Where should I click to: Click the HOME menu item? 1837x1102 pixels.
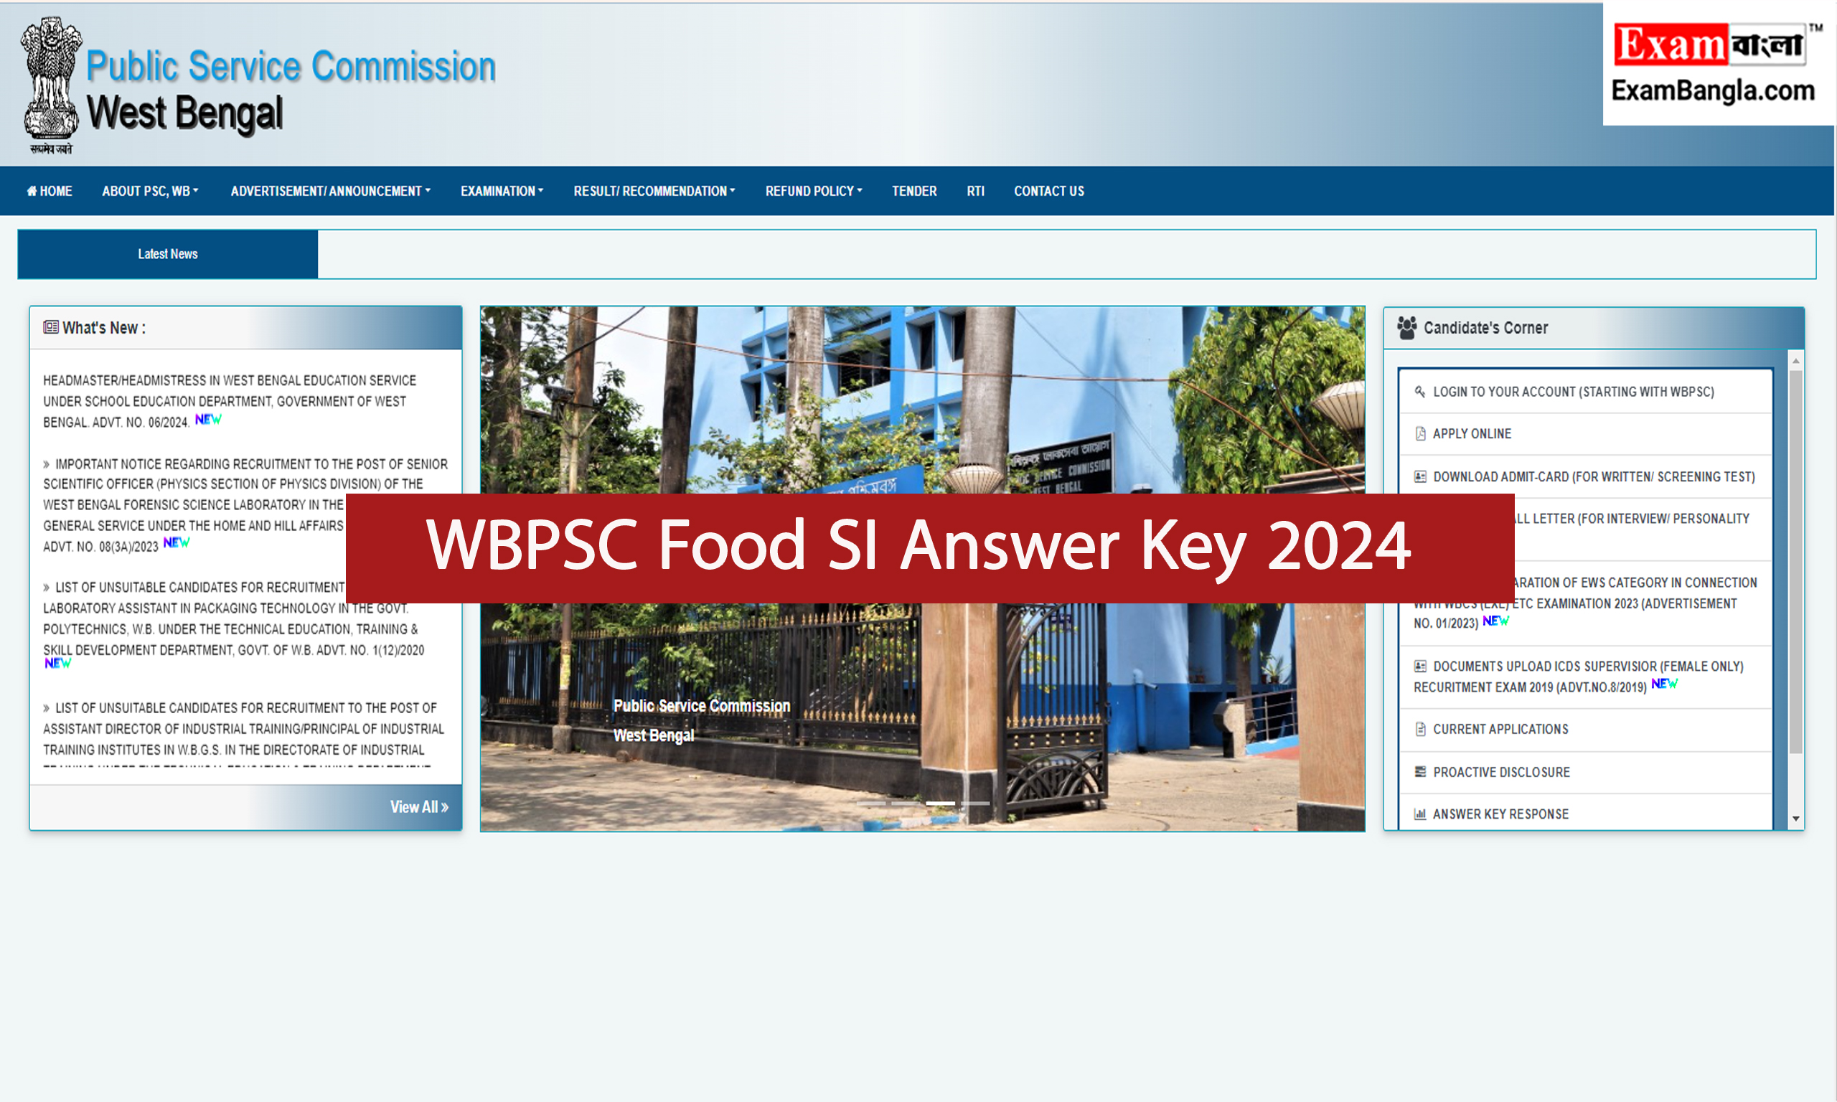(x=50, y=191)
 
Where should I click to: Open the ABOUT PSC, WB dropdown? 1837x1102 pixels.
(x=150, y=191)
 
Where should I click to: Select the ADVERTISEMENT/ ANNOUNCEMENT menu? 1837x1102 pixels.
(x=329, y=191)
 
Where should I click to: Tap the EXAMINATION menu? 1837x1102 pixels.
(x=502, y=191)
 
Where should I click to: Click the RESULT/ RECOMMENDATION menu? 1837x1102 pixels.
(x=654, y=191)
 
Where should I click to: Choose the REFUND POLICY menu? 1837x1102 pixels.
(x=814, y=191)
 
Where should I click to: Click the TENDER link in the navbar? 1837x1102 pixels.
(x=914, y=191)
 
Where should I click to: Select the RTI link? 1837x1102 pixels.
(x=976, y=191)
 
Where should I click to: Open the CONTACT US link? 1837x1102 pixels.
(x=1049, y=191)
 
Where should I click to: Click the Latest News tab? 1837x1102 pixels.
(x=168, y=254)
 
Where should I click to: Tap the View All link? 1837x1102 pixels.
(x=419, y=807)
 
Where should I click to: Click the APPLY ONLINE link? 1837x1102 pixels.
(x=1472, y=433)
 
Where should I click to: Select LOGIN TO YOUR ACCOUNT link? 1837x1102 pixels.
(x=1573, y=391)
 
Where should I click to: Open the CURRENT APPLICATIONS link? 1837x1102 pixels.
(x=1500, y=729)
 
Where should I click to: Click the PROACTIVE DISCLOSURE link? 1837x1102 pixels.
(x=1500, y=772)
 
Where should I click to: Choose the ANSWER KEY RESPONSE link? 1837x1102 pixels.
(x=1500, y=814)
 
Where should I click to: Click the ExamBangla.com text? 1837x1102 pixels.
(x=1713, y=91)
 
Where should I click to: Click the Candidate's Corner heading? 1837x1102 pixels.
(x=1485, y=327)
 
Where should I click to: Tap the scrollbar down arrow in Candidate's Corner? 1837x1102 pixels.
(x=1796, y=819)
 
